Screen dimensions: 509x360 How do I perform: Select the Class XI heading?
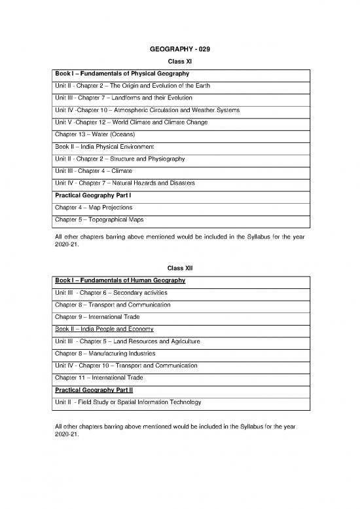pyautogui.click(x=179, y=61)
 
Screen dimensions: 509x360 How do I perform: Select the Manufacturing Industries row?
pyautogui.click(x=105, y=353)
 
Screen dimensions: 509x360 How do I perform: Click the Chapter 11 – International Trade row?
pyautogui.click(x=99, y=377)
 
